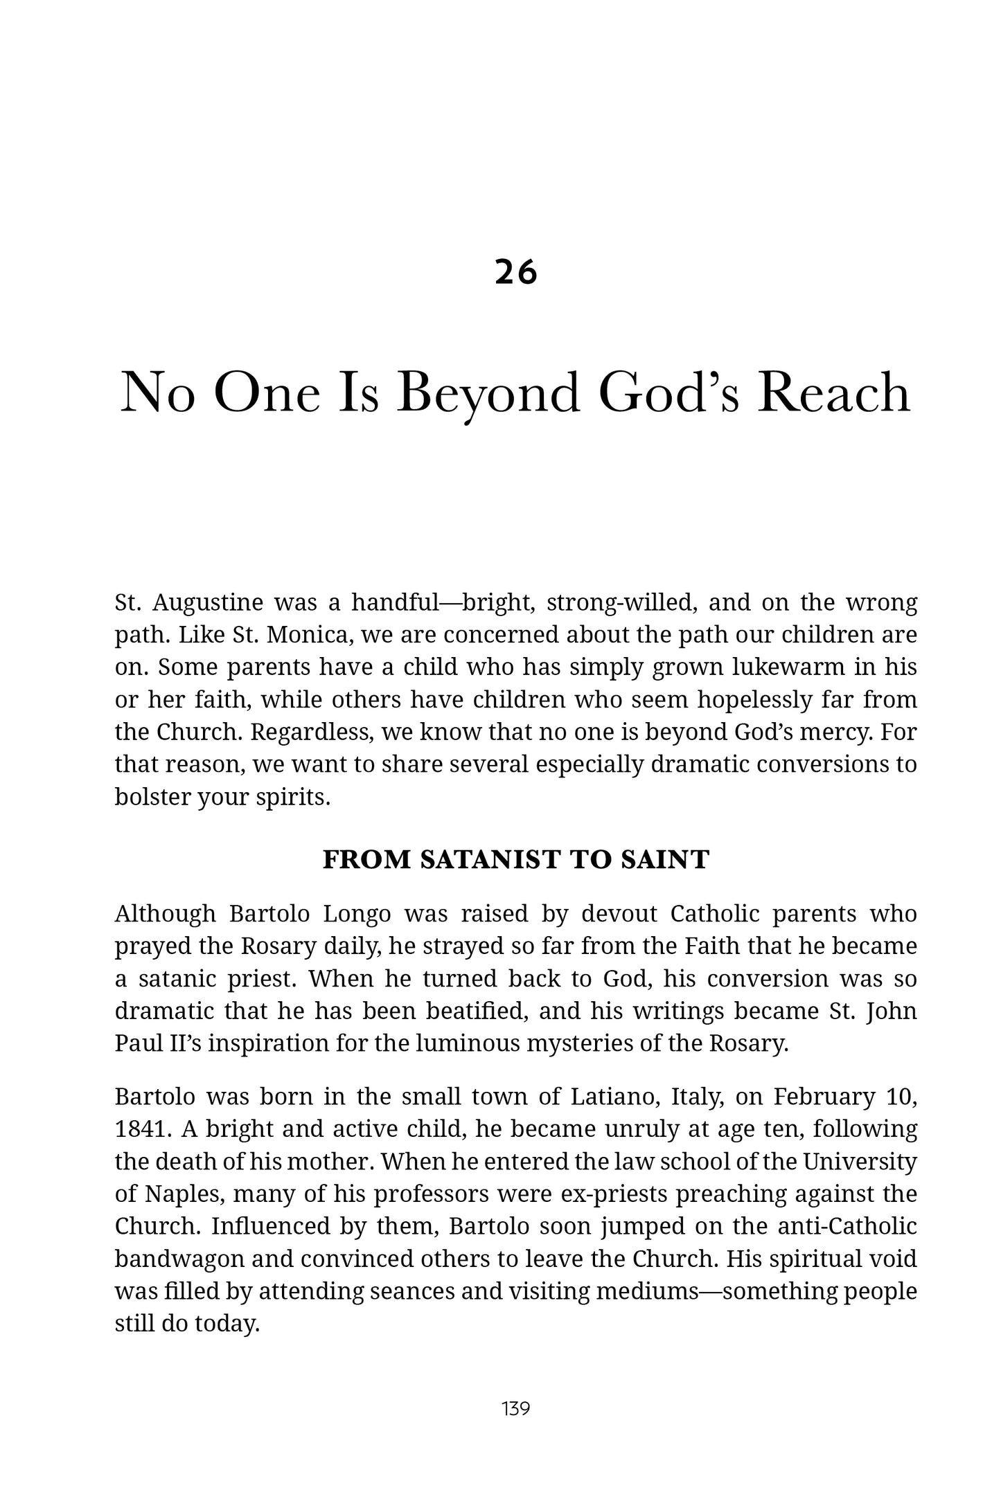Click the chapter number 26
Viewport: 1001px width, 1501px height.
[x=516, y=272]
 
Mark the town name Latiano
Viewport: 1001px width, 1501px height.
[x=609, y=1097]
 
